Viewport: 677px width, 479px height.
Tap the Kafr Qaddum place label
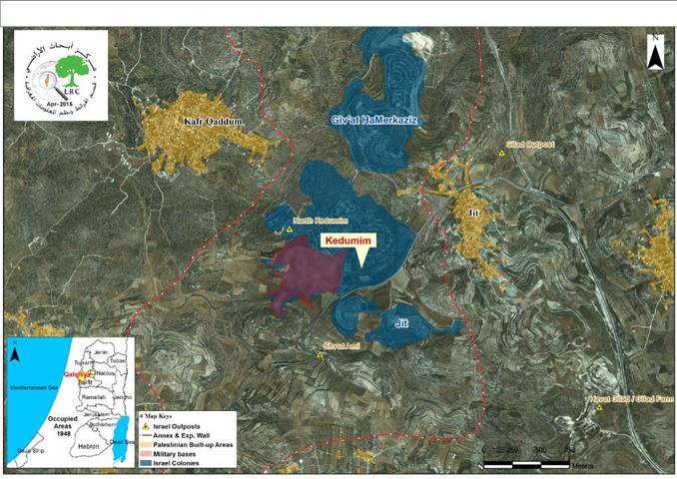click(214, 123)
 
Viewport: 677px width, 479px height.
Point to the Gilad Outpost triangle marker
click(502, 154)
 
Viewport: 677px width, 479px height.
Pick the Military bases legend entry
click(179, 453)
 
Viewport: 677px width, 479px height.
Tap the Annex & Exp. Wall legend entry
click(186, 435)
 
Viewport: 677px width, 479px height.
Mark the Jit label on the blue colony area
click(402, 322)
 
